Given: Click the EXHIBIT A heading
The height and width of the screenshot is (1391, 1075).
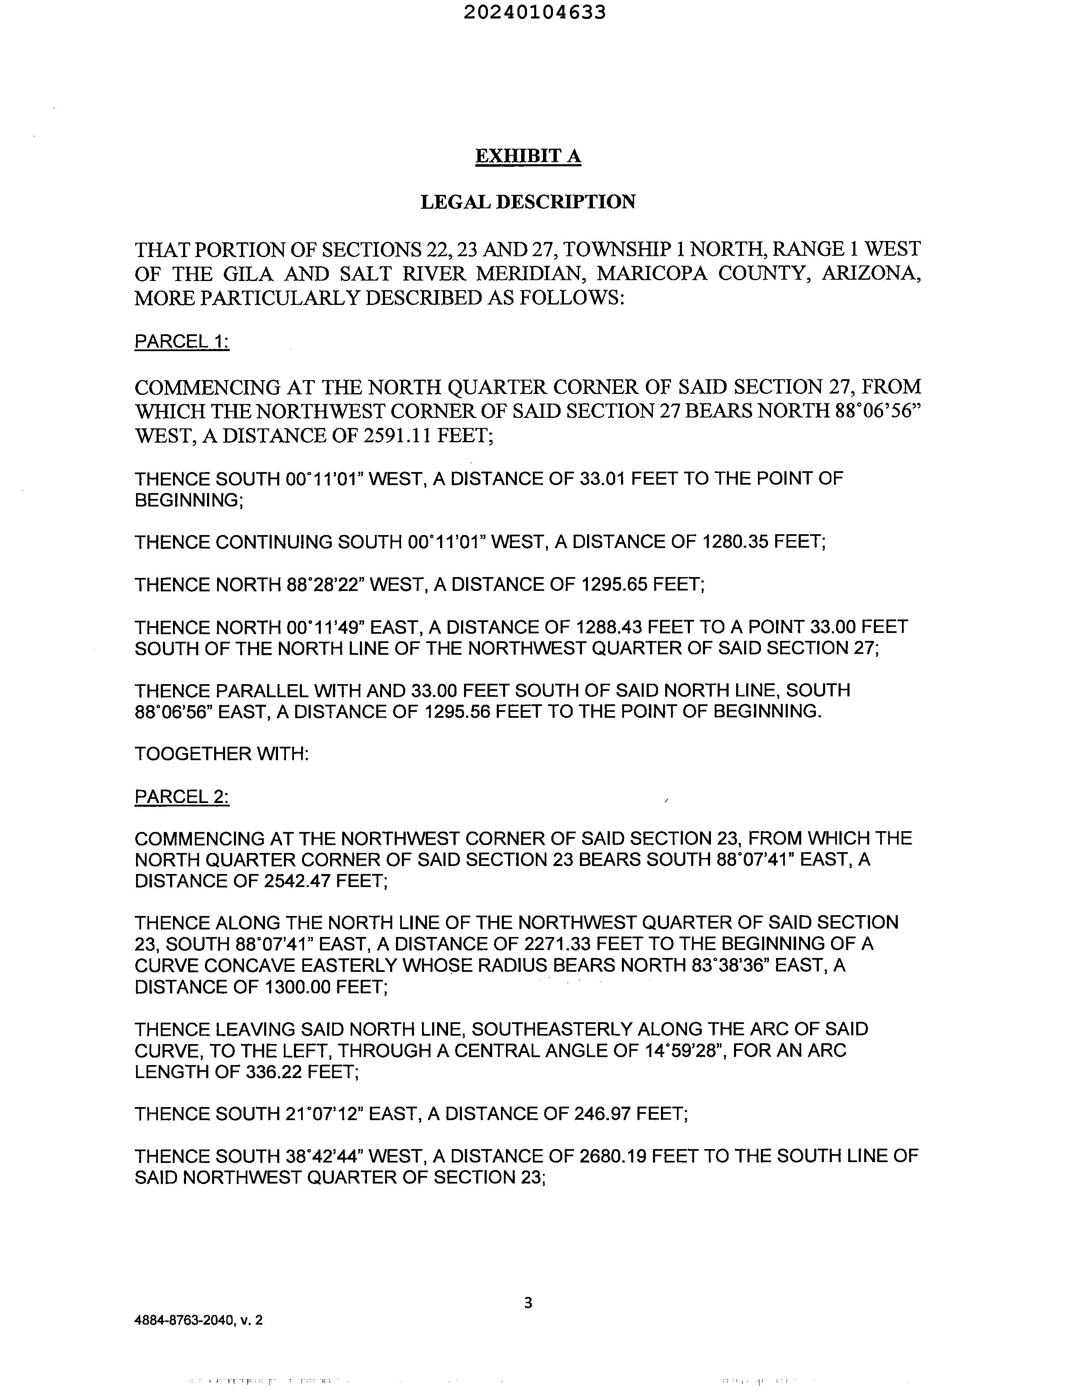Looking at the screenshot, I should (528, 156).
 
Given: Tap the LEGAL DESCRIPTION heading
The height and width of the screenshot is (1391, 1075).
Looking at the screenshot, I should (528, 202).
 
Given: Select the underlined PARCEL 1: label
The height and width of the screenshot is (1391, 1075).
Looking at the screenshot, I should (181, 341).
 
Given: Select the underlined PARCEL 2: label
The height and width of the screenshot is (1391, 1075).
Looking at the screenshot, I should (181, 797).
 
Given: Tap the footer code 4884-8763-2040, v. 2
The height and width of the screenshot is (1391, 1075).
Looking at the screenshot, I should (198, 1321).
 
